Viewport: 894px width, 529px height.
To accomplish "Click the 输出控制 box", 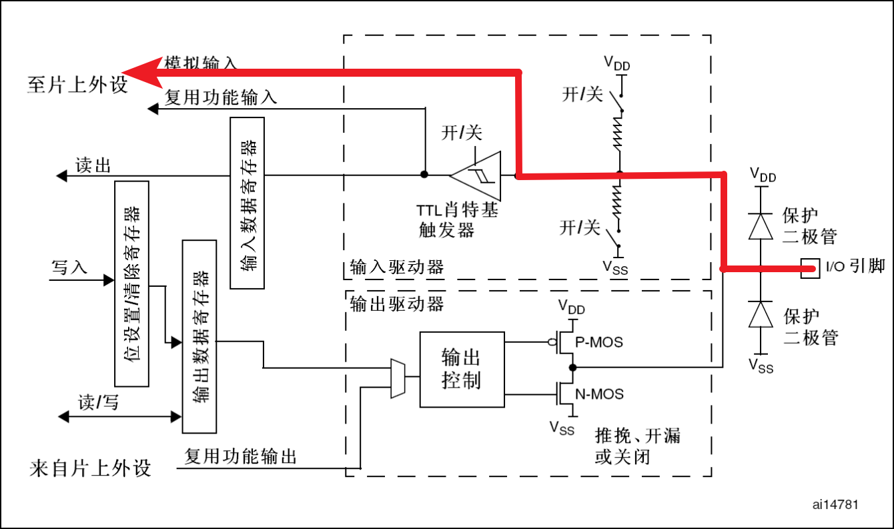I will (x=462, y=369).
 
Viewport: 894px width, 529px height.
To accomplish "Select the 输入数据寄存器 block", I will (x=247, y=203).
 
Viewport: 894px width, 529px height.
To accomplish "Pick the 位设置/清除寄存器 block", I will (x=131, y=283).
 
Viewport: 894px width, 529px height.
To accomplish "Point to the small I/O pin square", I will (x=810, y=268).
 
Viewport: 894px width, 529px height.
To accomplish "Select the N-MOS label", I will (x=598, y=394).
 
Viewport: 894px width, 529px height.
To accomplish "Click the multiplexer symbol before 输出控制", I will (x=398, y=378).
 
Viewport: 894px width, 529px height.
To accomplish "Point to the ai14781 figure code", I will (x=835, y=504).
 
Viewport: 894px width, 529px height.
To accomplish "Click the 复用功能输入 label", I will (x=221, y=98).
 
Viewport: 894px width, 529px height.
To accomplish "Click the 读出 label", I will (x=93, y=165).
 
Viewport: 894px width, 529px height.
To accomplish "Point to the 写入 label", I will (x=69, y=268).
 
